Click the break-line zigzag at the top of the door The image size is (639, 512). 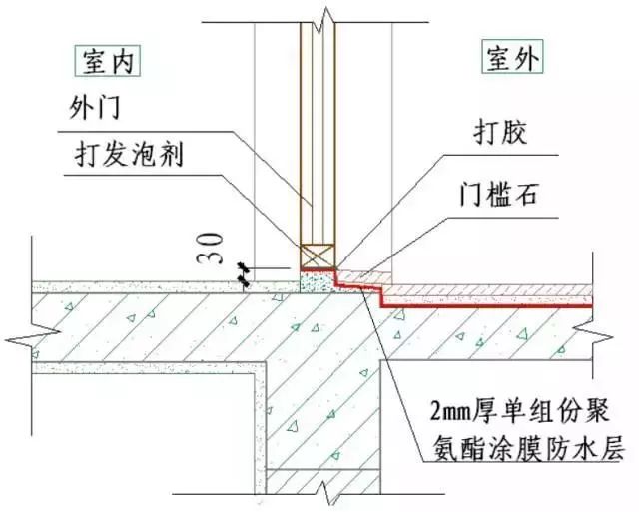[x=322, y=15]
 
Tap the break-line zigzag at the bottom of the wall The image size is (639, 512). [x=322, y=492]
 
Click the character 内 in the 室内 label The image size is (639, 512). [x=123, y=62]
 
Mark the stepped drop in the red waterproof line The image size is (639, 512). [x=383, y=292]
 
